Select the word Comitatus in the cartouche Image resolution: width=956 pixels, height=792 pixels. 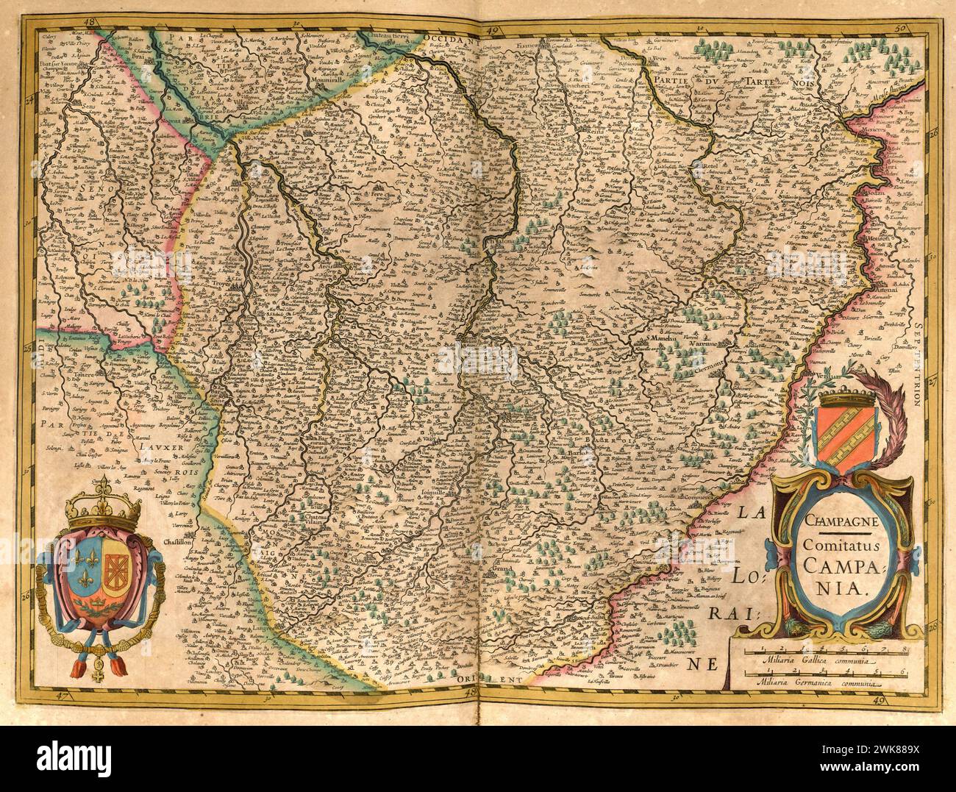pyautogui.click(x=841, y=546)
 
